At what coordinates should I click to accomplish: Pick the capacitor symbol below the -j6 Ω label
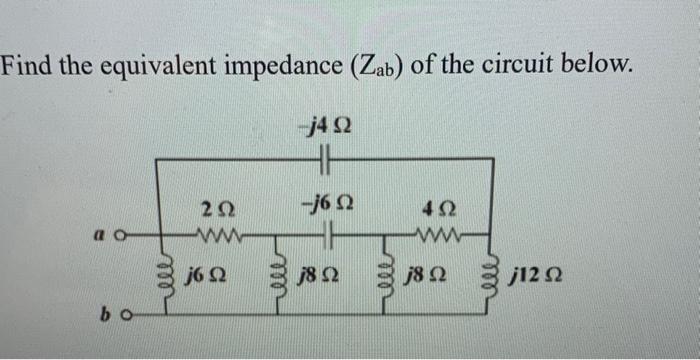pos(324,238)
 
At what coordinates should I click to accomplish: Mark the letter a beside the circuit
pos(105,238)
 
